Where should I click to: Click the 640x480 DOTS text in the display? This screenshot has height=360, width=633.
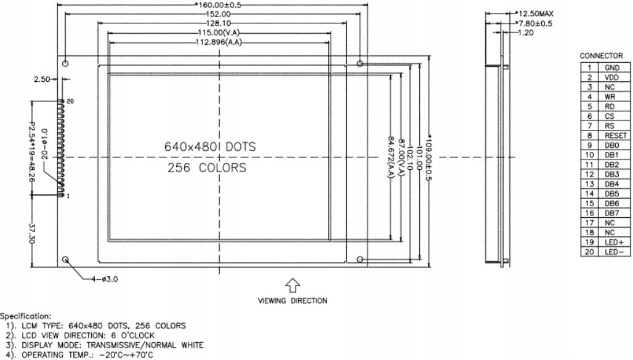point(209,147)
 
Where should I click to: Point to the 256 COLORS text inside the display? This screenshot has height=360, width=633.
point(207,168)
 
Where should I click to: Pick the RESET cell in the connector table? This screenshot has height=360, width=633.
point(615,135)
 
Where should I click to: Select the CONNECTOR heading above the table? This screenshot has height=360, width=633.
point(601,56)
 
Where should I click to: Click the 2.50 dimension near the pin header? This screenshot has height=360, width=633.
point(42,79)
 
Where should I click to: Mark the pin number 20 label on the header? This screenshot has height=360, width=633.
point(70,101)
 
